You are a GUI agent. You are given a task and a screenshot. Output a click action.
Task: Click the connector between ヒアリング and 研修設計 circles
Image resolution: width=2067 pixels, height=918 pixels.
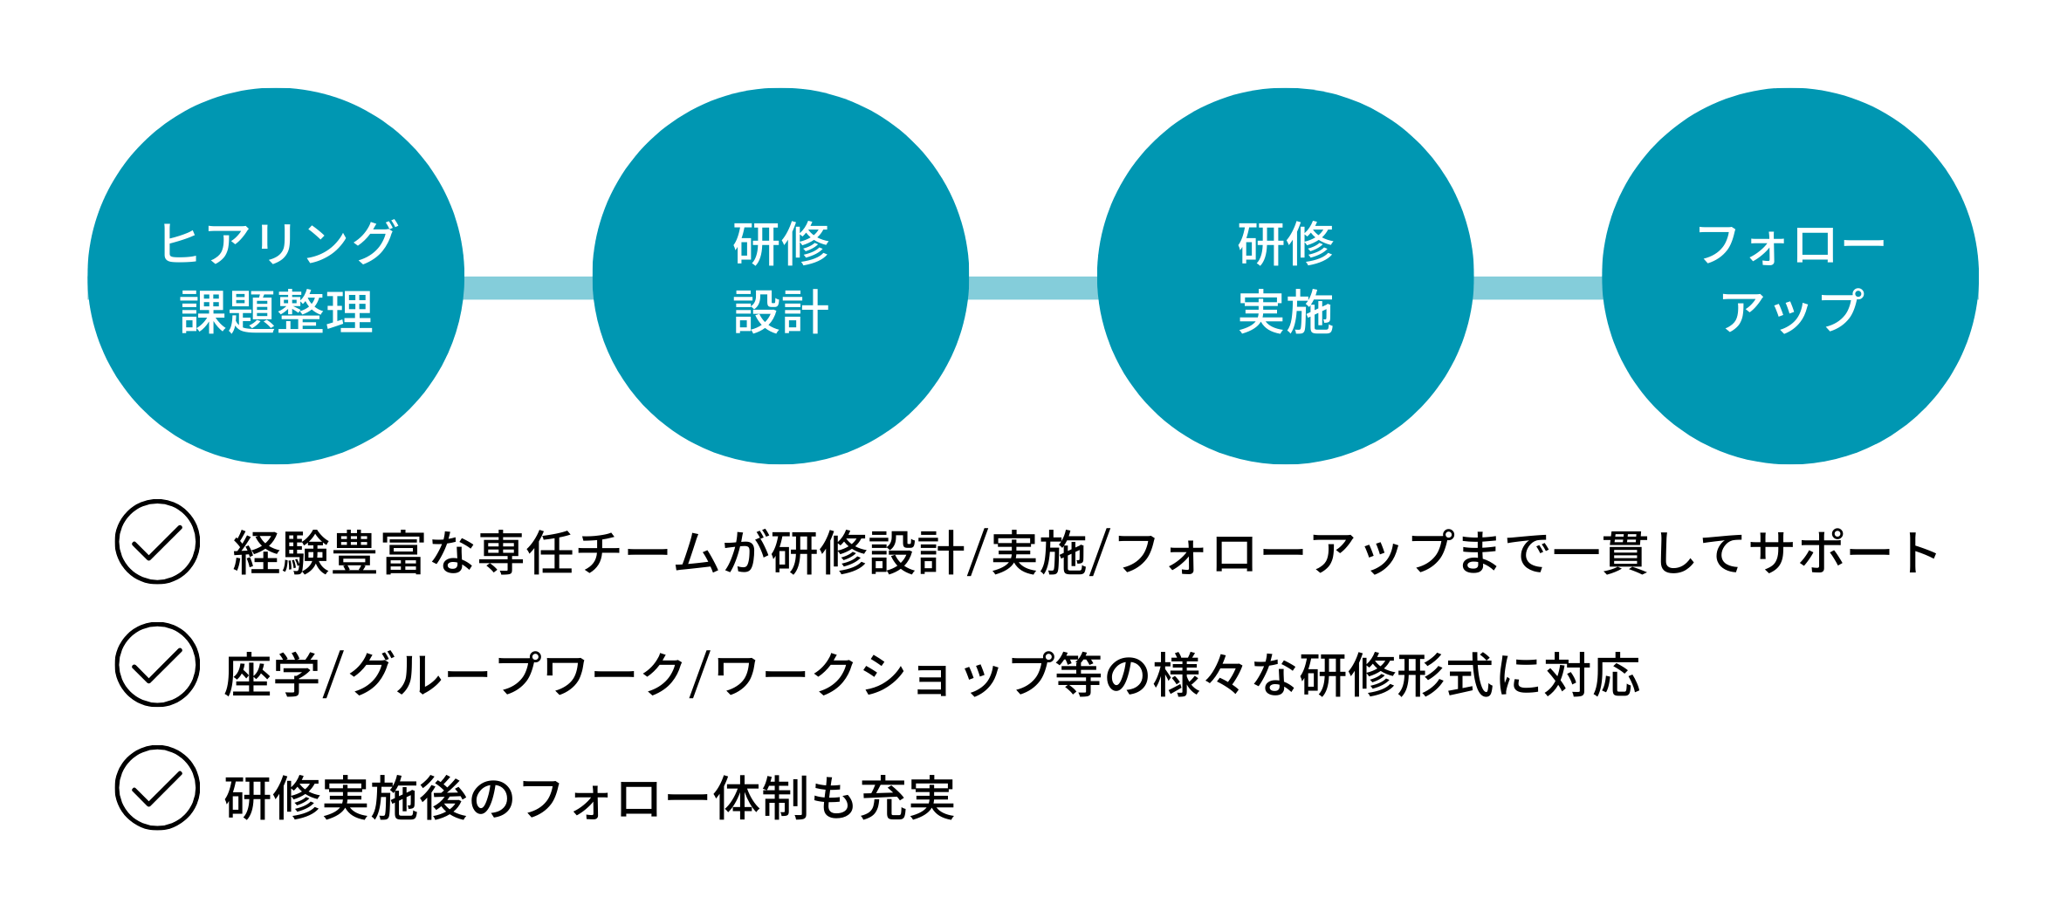(528, 288)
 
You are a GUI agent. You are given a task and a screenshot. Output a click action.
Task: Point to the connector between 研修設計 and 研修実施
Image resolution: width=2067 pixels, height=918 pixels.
(1033, 288)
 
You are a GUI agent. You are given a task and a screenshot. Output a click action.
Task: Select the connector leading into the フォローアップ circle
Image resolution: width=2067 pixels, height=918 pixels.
(1538, 288)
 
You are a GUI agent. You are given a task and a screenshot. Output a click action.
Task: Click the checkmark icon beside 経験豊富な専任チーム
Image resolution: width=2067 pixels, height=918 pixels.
(157, 542)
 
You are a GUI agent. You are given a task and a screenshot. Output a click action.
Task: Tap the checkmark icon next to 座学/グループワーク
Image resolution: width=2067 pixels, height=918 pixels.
(157, 665)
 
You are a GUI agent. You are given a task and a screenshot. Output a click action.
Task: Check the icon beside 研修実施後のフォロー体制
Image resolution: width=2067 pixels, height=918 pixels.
(157, 788)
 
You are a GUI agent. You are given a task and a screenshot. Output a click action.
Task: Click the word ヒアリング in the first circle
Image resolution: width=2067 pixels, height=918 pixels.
(278, 243)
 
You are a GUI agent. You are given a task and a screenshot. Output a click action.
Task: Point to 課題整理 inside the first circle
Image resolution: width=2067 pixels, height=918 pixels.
(277, 312)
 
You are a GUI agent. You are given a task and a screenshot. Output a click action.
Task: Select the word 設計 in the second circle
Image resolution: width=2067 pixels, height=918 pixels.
(780, 312)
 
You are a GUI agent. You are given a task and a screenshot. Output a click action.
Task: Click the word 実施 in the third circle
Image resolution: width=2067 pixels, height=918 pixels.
(1286, 312)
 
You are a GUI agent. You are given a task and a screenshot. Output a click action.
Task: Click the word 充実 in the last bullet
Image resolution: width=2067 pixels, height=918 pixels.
(908, 799)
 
